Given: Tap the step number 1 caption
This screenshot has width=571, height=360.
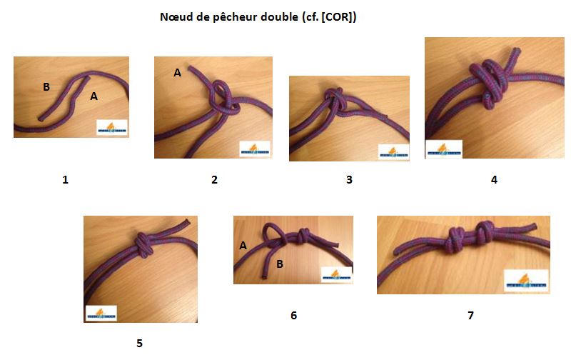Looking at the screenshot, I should point(65,180).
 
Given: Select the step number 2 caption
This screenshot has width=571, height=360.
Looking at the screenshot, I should point(214,180).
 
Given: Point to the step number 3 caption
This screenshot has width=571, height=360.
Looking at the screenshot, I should point(349,180).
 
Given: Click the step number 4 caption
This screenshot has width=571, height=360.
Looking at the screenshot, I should point(494,180).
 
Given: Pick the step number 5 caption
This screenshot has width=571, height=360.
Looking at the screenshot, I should point(139,344).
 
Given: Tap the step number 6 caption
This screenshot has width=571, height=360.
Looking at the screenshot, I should point(293,315).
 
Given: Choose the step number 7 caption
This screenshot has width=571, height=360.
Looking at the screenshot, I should point(470,315).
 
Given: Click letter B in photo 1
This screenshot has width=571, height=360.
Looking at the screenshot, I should point(46,87).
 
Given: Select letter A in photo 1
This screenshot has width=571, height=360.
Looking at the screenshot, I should point(94,96).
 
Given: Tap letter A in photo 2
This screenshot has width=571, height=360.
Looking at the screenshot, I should point(178,72).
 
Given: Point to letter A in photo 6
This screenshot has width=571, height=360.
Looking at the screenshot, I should point(243,246).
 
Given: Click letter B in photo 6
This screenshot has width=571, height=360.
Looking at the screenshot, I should point(281,264).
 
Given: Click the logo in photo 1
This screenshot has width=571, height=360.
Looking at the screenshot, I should point(112,127).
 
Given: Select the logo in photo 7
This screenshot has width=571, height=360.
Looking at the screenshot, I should point(526,281).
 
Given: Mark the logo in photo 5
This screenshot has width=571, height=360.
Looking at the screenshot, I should point(101,314).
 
